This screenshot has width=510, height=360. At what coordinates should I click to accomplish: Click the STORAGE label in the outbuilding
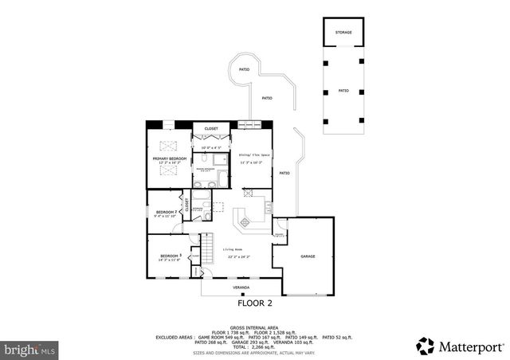coord(343,33)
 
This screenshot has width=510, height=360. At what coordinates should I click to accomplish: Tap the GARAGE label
coord(308,256)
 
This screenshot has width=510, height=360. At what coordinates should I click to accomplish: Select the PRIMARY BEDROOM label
coord(170,158)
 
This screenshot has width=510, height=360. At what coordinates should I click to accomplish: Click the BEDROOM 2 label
coord(166,212)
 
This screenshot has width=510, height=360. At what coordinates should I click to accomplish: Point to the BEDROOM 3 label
coord(170,256)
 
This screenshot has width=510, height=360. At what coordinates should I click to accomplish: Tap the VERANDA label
coord(241,287)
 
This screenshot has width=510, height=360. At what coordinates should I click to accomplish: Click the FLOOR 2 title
coord(255,303)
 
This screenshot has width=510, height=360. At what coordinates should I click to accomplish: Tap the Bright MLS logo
coord(30,349)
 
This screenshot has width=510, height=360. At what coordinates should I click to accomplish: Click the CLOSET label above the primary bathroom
coord(211,128)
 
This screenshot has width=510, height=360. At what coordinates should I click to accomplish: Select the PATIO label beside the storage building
coord(343,91)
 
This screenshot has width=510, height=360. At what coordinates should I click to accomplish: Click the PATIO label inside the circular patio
coord(243,70)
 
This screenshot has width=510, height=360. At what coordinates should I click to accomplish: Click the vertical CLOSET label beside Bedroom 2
coord(186,205)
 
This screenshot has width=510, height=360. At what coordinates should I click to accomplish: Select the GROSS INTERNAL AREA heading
coord(255,327)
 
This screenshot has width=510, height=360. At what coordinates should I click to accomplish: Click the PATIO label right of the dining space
coord(284,173)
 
